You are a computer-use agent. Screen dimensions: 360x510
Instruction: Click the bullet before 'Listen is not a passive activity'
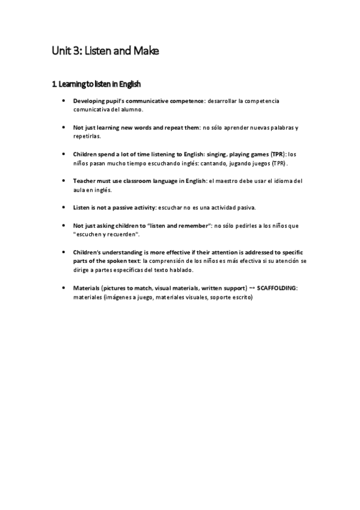(x=64, y=207)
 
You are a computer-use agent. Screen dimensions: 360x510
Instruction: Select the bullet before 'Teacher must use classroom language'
(x=64, y=180)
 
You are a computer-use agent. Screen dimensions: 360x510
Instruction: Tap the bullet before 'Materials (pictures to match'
(x=64, y=288)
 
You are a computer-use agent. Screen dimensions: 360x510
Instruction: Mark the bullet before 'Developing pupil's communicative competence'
(x=64, y=100)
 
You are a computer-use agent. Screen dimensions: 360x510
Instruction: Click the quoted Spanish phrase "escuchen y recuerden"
(x=106, y=235)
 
